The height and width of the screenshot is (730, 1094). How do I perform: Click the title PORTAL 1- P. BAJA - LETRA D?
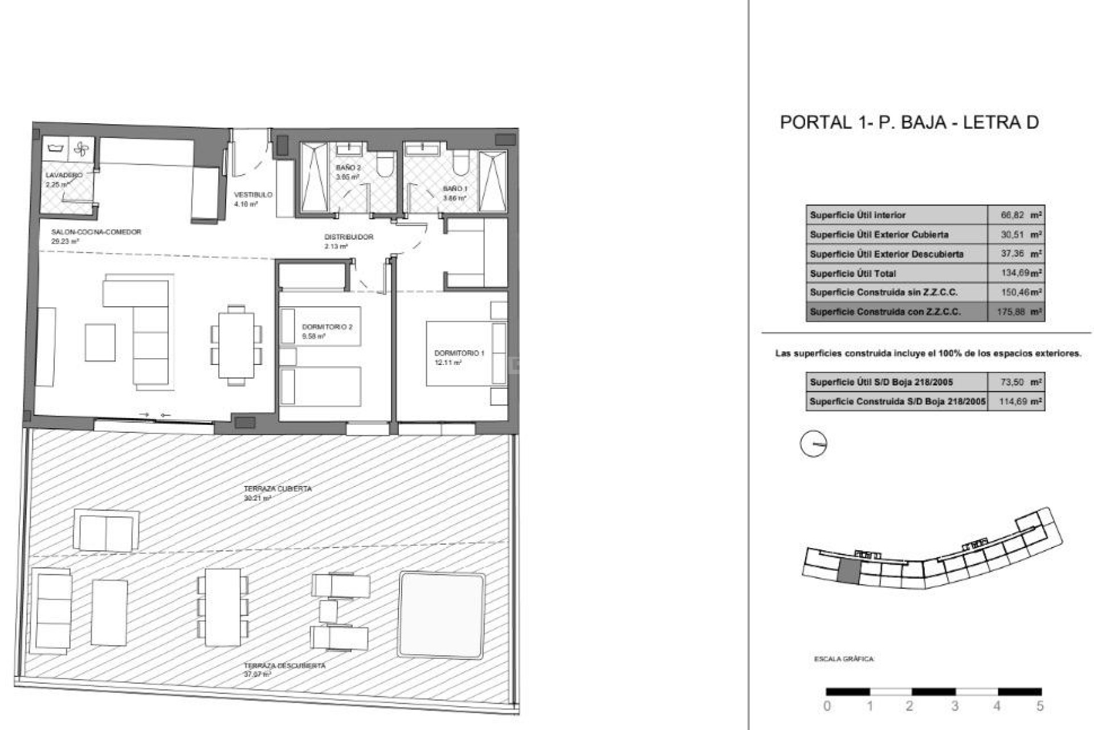pyautogui.click(x=909, y=122)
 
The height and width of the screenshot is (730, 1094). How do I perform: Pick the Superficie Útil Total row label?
pyautogui.click(x=852, y=274)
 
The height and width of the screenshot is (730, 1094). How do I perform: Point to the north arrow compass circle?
pyautogui.click(x=813, y=444)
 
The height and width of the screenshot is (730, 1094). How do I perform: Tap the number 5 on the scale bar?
pyautogui.click(x=1040, y=706)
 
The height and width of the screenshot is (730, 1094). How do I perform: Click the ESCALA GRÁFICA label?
pyautogui.click(x=843, y=659)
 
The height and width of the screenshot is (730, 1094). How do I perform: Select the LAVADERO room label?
pyautogui.click(x=64, y=175)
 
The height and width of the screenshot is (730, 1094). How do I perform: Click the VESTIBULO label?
pyautogui.click(x=253, y=195)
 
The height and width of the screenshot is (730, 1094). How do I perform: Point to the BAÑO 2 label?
pyautogui.click(x=348, y=168)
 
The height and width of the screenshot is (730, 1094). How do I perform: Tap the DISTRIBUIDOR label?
pyautogui.click(x=349, y=237)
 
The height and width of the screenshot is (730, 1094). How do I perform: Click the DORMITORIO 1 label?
pyautogui.click(x=459, y=353)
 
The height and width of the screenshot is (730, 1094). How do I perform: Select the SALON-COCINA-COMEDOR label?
pyautogui.click(x=96, y=232)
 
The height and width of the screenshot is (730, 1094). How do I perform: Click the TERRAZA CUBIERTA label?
pyautogui.click(x=277, y=489)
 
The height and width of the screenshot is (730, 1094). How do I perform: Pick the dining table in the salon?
pyautogui.click(x=236, y=345)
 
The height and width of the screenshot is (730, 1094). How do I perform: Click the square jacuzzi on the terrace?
pyautogui.click(x=442, y=614)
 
